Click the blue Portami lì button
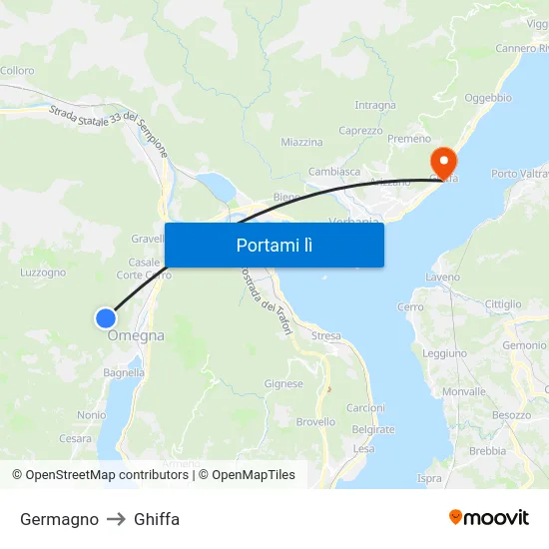pos(274,245)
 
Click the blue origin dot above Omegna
pos(105,318)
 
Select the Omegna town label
pos(136,336)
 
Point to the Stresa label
pos(325,336)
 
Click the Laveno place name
pos(441,276)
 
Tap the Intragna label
pos(375,105)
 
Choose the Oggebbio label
pos(488,98)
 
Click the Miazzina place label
pos(301,143)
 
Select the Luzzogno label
pos(43,272)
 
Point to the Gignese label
pos(283,383)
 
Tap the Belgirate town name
pos(373,429)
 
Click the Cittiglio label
pos(502,303)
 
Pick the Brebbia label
pos(487,450)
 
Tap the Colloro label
pos(17,71)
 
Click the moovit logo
pos(489,518)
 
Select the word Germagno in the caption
pos(59,519)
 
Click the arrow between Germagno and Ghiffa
pos(116,519)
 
